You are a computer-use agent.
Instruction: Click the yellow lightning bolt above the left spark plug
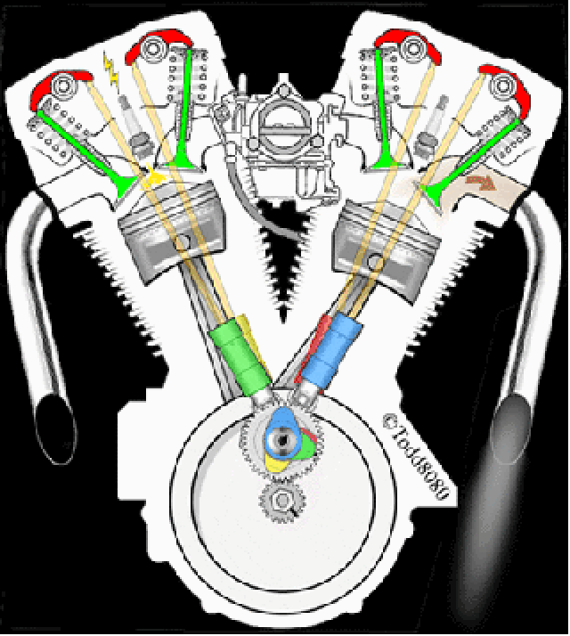click(x=111, y=70)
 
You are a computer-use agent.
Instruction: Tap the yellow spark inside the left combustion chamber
click(x=153, y=176)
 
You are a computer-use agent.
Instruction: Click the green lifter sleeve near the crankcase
click(x=240, y=357)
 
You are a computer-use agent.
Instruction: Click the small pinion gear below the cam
click(x=282, y=501)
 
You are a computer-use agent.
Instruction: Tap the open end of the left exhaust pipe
click(x=54, y=429)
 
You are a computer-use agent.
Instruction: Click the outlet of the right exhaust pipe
click(x=510, y=430)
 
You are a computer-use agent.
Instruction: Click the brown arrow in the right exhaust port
click(x=481, y=183)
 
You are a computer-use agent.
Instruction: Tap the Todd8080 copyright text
click(x=417, y=455)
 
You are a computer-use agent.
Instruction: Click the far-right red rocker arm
click(x=506, y=88)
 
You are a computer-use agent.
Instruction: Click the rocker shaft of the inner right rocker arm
click(x=412, y=47)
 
